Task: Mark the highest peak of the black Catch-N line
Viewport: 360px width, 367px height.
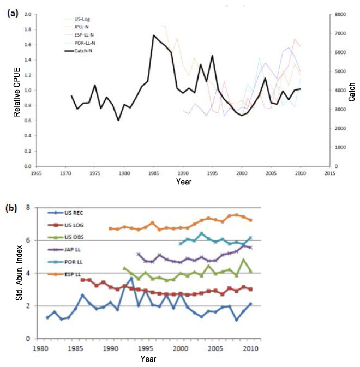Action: (153, 35)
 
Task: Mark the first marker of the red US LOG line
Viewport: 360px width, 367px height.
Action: (83, 280)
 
